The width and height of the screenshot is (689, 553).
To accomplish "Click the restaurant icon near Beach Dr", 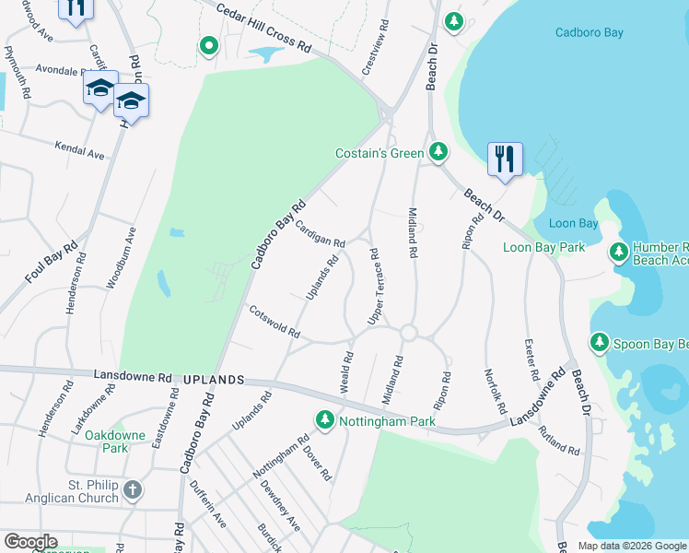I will coord(504,159).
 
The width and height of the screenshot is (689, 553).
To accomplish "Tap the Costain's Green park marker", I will coord(439,152).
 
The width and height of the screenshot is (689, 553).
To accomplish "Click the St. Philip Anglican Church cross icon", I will coord(133,488).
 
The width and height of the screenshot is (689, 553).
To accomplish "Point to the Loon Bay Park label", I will coord(544,247).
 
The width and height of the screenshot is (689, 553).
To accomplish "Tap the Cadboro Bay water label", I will coord(589,33).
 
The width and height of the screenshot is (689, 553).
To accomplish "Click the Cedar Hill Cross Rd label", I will coord(265,27).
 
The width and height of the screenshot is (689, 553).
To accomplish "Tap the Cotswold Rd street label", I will coord(274,321).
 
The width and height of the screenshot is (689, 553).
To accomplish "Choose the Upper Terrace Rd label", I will coord(374,286).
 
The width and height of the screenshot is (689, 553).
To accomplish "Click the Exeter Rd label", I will coord(530,360).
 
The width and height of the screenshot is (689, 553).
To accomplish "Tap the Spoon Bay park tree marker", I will coord(600,344).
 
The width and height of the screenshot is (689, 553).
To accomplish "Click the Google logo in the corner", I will coord(30,542).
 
